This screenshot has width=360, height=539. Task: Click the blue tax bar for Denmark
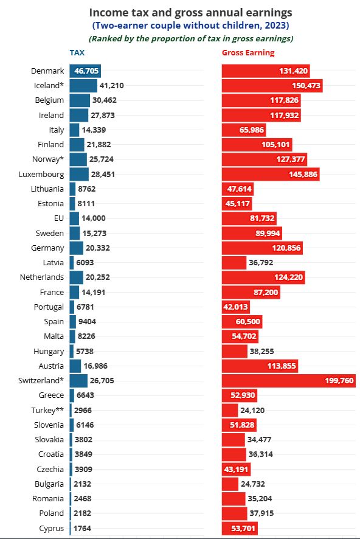[x=85, y=71]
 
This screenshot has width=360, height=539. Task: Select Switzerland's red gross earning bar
[x=289, y=381]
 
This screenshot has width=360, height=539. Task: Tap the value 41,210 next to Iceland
[x=112, y=86]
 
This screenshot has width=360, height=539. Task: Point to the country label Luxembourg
[x=41, y=174]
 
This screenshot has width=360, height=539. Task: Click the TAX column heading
[x=77, y=52]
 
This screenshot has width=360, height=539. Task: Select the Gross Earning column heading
[x=248, y=52]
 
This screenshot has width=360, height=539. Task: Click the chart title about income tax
[x=191, y=13]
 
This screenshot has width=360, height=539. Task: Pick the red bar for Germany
[x=263, y=248]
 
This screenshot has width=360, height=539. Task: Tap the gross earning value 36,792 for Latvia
[x=261, y=263]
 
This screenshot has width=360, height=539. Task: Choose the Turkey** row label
[x=47, y=410]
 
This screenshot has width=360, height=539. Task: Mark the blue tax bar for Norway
[x=78, y=159]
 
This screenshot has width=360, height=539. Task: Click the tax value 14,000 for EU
[x=94, y=218]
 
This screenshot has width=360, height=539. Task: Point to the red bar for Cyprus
[x=240, y=528]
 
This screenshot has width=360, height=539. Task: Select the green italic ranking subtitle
[x=191, y=38]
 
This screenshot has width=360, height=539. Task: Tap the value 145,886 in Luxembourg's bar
[x=303, y=174]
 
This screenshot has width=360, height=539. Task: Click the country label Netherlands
[x=42, y=277]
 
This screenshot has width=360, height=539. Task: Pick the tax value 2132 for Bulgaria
[x=83, y=484]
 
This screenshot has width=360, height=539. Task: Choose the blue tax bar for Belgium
[x=80, y=100]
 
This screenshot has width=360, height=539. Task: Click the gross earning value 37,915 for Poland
[x=261, y=513]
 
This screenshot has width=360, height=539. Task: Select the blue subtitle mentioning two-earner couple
[x=191, y=26]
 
